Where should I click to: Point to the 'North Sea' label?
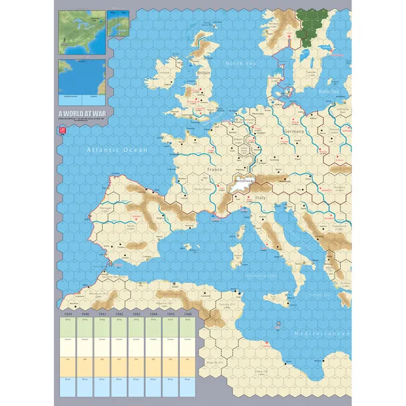(240, 64)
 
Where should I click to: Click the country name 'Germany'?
(294, 131)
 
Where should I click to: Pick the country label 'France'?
(214, 170)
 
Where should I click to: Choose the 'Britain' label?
(203, 73)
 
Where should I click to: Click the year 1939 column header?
(67, 314)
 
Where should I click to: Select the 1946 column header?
(188, 314)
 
